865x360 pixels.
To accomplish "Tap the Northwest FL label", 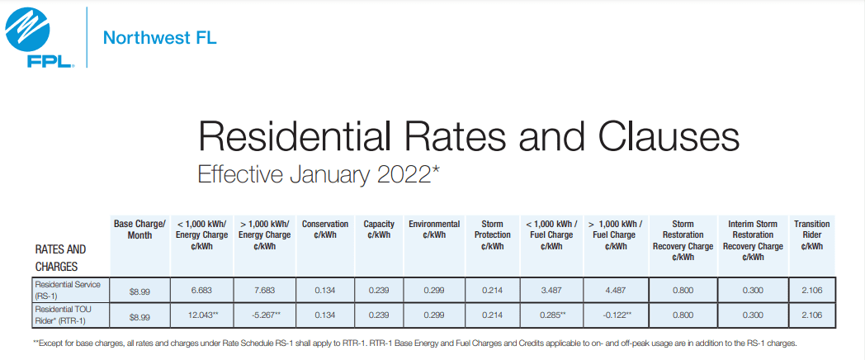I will (159, 38).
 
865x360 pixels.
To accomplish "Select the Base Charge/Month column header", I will (139, 230).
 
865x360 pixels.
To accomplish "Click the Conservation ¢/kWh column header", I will (324, 230).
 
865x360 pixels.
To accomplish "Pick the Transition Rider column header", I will (811, 234).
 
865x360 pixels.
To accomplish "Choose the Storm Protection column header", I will (492, 234).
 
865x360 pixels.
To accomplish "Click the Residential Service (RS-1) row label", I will (73, 290).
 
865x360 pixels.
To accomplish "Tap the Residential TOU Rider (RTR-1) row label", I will (73, 315).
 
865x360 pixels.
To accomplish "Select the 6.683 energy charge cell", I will (201, 291).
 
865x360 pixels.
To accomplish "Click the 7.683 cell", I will (264, 291).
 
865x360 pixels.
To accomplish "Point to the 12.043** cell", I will (201, 315).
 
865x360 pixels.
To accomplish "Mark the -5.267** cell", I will (264, 315).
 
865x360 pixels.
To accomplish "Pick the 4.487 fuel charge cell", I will (615, 291).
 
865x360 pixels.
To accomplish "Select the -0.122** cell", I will (615, 315).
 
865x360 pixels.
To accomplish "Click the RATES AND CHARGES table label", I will (60, 258).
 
